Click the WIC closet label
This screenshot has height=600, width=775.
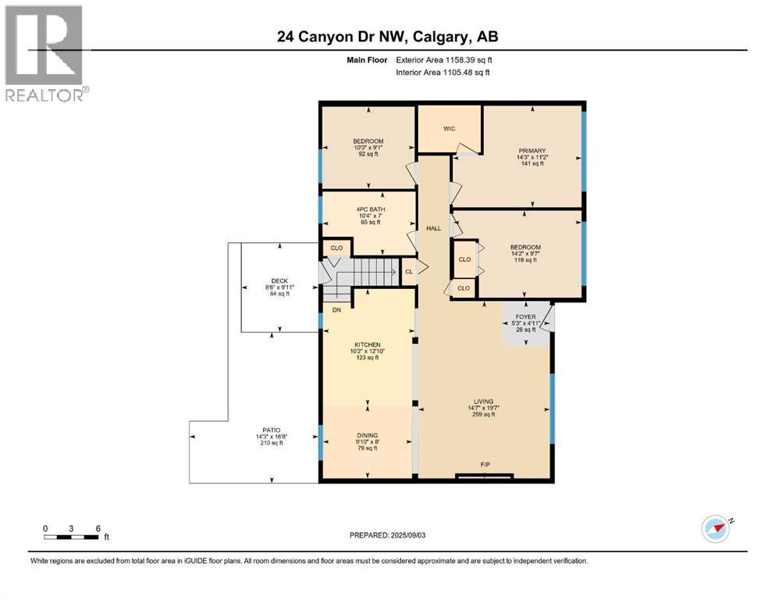[449, 129]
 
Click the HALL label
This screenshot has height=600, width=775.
[434, 228]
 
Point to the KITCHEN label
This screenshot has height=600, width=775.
[366, 345]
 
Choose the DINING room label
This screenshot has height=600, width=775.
[366, 435]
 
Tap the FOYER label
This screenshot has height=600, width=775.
[526, 316]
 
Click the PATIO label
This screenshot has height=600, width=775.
[271, 430]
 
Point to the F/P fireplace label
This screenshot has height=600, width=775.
[485, 465]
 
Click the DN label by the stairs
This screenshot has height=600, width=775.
[337, 310]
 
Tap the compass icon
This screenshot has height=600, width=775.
[715, 528]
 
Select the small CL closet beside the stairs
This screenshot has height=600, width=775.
[408, 272]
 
